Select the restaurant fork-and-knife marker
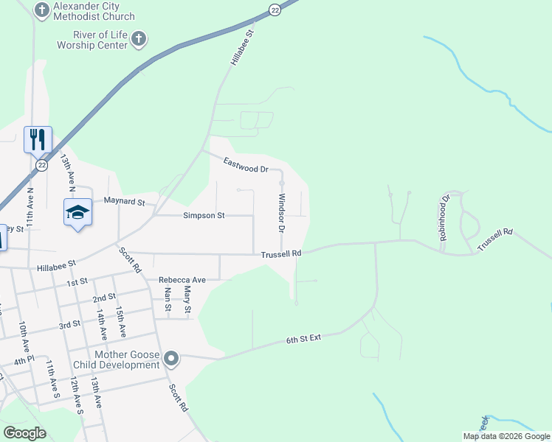[38, 138]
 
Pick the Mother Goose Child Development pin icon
[171, 359]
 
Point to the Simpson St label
[203, 216]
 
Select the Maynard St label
[125, 200]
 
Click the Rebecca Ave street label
[182, 280]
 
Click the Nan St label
[168, 300]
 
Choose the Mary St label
[187, 300]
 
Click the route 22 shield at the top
[275, 9]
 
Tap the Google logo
[24, 432]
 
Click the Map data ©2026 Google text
[506, 436]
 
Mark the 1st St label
[77, 281]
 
